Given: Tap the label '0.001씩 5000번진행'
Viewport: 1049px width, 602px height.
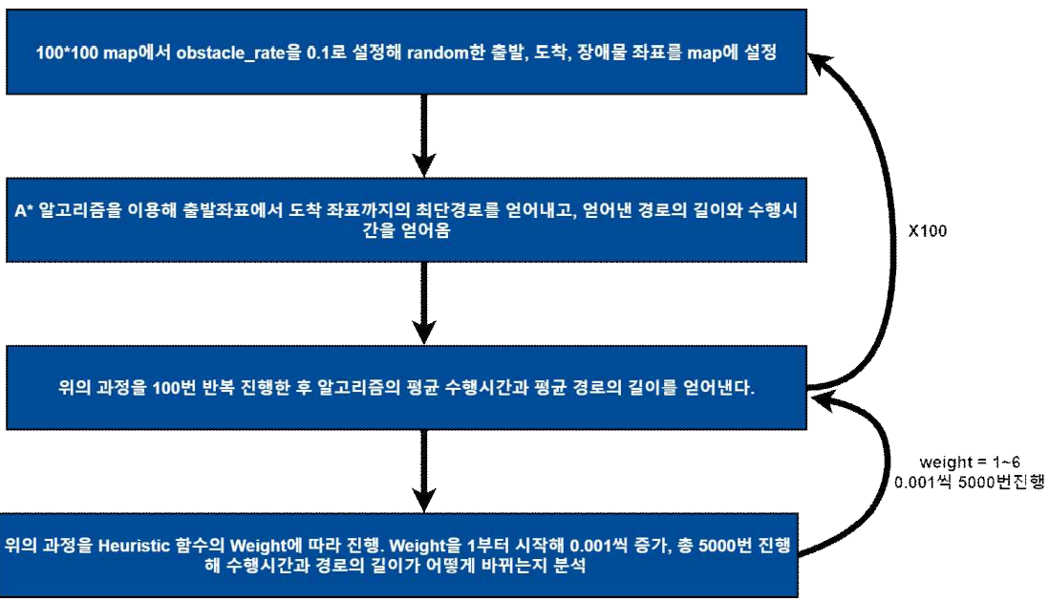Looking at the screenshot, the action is tap(969, 483).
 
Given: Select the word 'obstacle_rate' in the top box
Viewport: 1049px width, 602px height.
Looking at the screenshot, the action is tap(224, 54).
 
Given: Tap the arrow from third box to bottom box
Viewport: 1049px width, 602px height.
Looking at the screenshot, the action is tap(420, 468).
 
